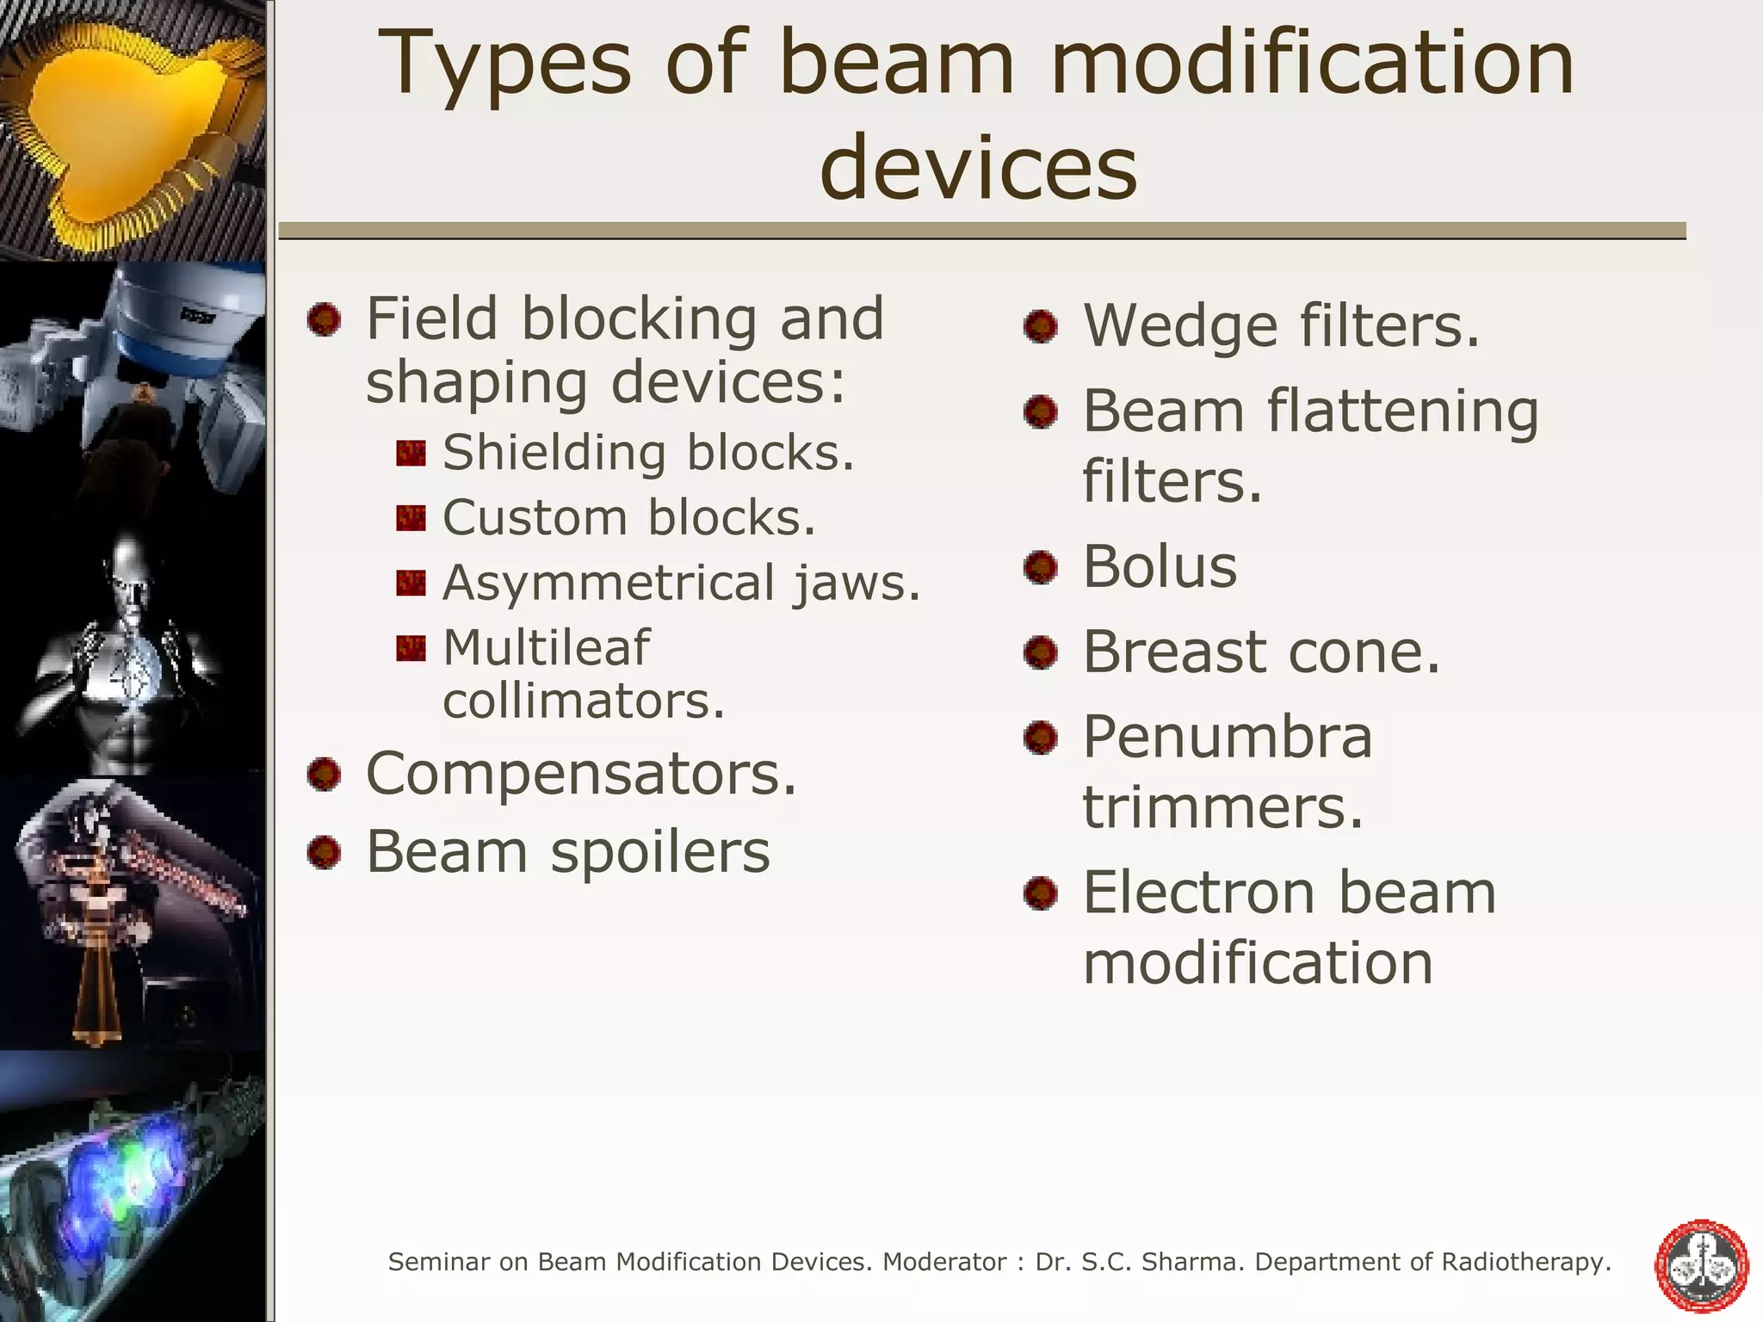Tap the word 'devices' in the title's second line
979,169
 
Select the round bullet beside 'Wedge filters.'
1041,327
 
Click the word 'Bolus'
1159,567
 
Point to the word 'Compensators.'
582,775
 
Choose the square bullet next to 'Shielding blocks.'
411,454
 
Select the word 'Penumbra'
1227,738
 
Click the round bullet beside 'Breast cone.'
1041,652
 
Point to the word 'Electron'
1197,893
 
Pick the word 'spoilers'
660,852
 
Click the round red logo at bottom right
1702,1266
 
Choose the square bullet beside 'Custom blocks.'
411,518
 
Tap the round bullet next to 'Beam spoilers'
325,853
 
